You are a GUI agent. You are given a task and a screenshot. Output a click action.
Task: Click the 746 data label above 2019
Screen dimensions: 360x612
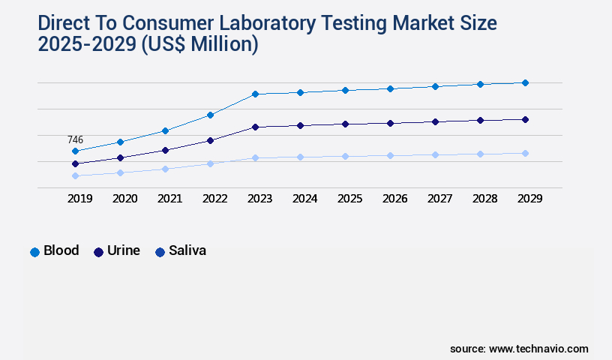point(75,140)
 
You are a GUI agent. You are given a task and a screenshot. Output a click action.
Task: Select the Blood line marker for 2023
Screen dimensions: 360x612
point(255,94)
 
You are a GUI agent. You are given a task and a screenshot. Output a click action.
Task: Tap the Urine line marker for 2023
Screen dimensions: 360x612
point(255,127)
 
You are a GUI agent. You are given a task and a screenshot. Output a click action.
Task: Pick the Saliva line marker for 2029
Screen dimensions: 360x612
point(525,153)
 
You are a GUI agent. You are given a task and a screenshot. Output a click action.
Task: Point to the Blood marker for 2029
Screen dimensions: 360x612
point(525,82)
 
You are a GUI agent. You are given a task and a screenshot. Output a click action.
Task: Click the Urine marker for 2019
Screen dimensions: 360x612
point(75,163)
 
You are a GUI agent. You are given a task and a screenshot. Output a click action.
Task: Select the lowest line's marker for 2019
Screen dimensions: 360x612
point(75,175)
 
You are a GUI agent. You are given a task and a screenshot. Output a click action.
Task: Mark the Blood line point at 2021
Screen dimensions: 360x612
point(165,130)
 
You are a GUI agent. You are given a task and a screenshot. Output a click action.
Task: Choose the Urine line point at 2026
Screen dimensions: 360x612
point(390,123)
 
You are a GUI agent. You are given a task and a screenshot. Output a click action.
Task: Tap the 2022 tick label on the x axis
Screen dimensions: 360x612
point(214,199)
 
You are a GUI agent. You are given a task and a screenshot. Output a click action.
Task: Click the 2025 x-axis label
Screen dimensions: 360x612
point(349,199)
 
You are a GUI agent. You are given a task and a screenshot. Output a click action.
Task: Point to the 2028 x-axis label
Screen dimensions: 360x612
point(484,199)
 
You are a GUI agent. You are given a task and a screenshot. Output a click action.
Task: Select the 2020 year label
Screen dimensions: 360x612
point(124,199)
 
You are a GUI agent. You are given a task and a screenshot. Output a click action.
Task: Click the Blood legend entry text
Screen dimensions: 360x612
point(61,250)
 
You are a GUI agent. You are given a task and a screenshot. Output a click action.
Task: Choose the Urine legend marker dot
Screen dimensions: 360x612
point(98,252)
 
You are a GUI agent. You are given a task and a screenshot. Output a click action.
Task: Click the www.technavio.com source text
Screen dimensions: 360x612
point(538,349)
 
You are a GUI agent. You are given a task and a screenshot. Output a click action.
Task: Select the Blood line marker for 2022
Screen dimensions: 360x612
point(210,115)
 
